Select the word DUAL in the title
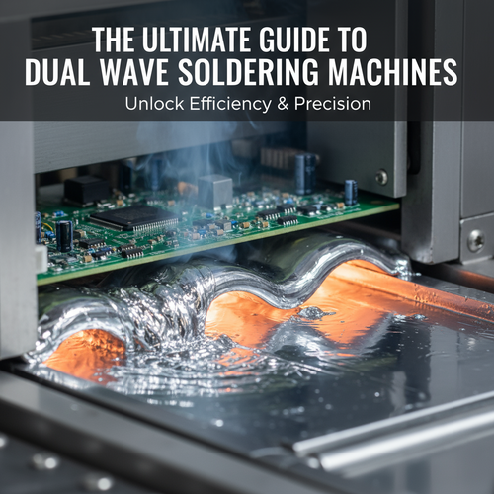click(57, 72)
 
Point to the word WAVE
click(134, 72)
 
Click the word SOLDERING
click(249, 72)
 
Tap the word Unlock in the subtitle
click(154, 104)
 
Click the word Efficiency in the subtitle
click(230, 105)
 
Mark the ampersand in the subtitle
click(283, 104)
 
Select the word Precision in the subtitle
click(333, 104)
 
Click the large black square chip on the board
click(134, 218)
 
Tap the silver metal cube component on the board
click(215, 191)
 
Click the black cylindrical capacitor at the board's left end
click(64, 235)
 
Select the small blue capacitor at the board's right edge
click(351, 193)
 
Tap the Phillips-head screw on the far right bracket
click(476, 240)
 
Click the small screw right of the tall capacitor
click(381, 177)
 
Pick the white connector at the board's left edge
click(41, 259)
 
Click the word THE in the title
click(114, 40)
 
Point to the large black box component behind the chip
click(86, 189)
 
